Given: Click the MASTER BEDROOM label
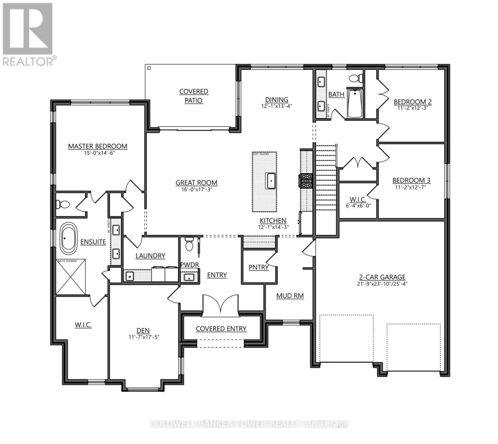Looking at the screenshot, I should (98, 146).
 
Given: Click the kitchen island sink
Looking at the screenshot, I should (271, 181).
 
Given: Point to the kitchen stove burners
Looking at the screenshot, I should (306, 181).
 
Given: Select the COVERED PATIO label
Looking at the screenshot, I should (194, 96).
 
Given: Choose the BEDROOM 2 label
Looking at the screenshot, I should (413, 102).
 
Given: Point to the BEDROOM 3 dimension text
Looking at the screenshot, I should (411, 187).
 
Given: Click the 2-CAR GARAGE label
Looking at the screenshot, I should (382, 277).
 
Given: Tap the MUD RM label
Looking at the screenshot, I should (290, 296).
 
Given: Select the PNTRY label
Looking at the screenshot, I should (259, 267).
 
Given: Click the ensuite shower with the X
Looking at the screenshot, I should (71, 277).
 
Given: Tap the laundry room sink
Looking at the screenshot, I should (129, 276).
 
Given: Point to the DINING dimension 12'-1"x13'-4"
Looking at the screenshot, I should (276, 106).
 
